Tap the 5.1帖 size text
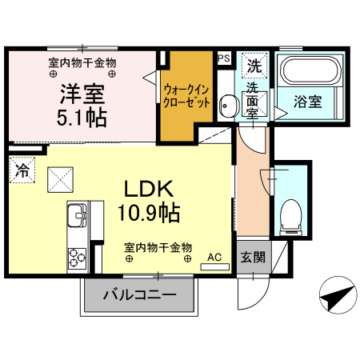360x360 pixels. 82,118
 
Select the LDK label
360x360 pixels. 150,189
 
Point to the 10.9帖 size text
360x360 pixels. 150,212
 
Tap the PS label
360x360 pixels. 224,58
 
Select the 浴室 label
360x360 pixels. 307,102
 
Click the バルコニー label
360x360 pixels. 139,296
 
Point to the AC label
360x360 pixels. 214,257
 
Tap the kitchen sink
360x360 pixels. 78,216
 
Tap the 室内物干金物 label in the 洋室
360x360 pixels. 83,62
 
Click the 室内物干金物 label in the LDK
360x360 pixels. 158,247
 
